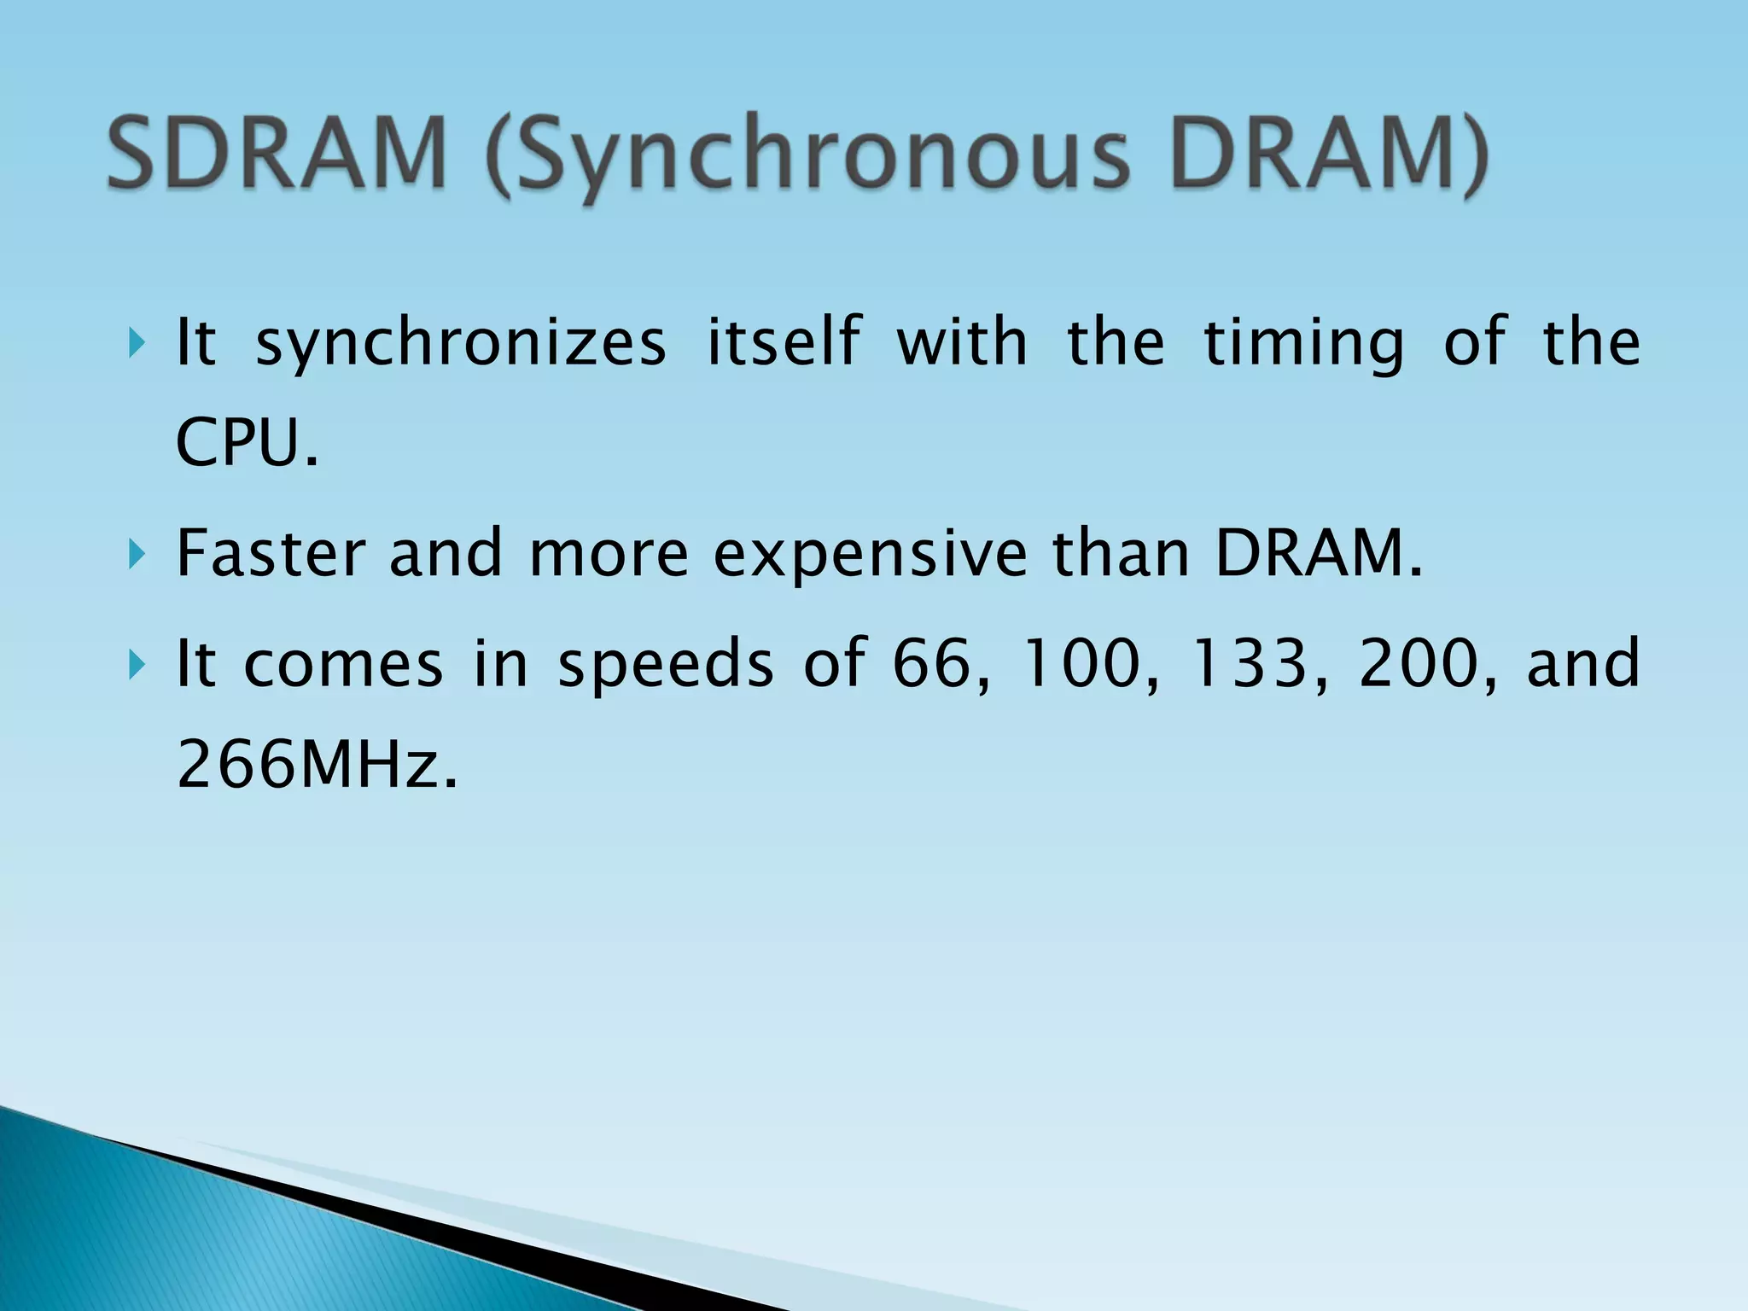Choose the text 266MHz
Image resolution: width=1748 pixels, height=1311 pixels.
[x=317, y=764]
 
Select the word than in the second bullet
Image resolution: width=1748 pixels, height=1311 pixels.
[x=1120, y=553]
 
